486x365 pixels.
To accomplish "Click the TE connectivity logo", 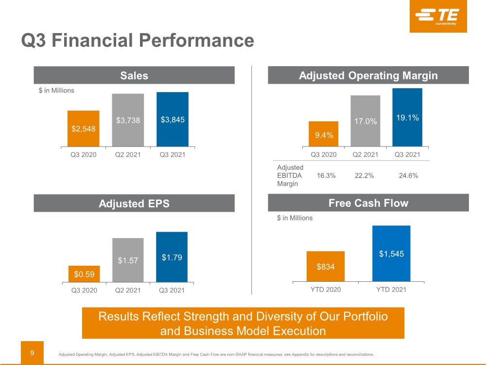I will (438, 17).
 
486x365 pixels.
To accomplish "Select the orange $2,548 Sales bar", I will (84, 128).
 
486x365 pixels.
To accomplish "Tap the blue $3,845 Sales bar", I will (173, 119).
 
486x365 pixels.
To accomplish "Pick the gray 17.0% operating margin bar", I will (365, 121).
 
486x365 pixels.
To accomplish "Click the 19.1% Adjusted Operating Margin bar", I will (407, 117).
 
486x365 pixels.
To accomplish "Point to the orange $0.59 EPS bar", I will (84, 274).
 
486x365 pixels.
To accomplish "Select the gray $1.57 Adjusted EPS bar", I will (128, 260).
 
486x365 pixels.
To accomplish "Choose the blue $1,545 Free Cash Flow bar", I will (391, 254).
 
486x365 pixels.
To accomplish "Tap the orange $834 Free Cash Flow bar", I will (326, 266).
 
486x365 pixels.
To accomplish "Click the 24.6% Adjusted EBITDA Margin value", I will (408, 176).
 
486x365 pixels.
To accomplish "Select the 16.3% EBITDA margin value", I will (326, 176).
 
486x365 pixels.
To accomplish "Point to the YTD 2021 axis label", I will (391, 290).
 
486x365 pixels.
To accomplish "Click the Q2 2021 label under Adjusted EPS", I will (128, 291).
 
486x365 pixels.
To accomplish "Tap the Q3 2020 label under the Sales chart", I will (84, 155).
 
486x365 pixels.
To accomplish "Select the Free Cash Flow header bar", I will (368, 203).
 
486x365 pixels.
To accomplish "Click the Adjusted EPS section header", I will (134, 203).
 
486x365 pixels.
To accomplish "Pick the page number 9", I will (32, 350).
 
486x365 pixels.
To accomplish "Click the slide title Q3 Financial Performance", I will (138, 40).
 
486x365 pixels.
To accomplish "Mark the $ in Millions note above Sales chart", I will (56, 90).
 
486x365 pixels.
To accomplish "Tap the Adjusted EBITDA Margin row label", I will (290, 176).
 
